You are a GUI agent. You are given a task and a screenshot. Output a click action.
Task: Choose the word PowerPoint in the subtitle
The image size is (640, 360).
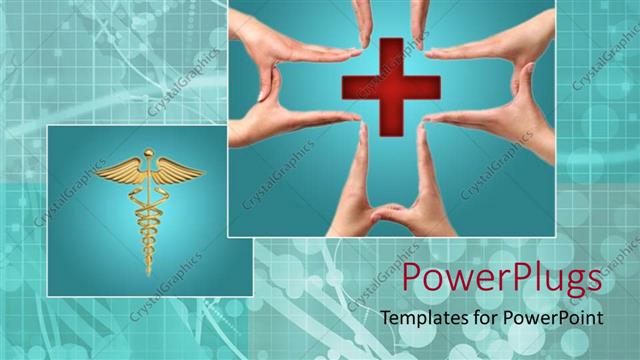pos(553,318)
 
